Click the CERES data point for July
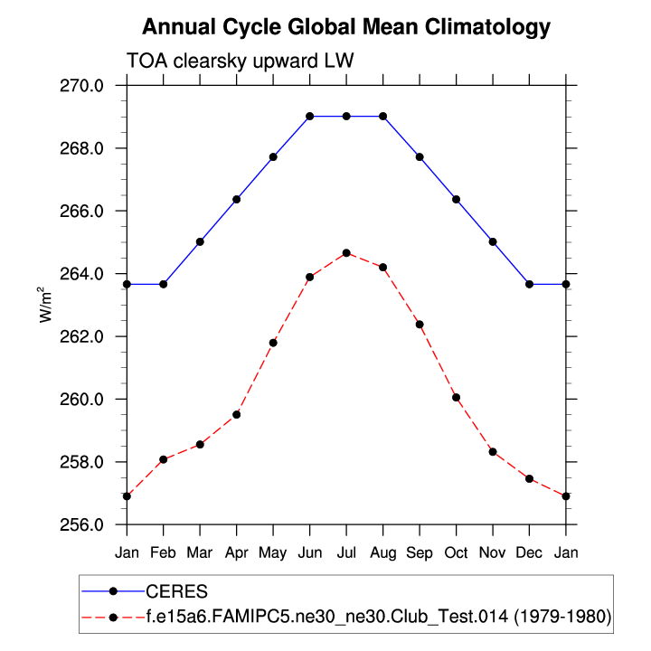346,116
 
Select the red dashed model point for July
346,252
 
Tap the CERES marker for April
237,199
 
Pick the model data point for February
164,459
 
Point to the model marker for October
457,397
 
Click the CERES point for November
493,241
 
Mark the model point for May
273,343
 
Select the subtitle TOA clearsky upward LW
241,61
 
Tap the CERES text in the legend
176,591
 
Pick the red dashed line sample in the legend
112,617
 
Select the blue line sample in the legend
112,591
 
